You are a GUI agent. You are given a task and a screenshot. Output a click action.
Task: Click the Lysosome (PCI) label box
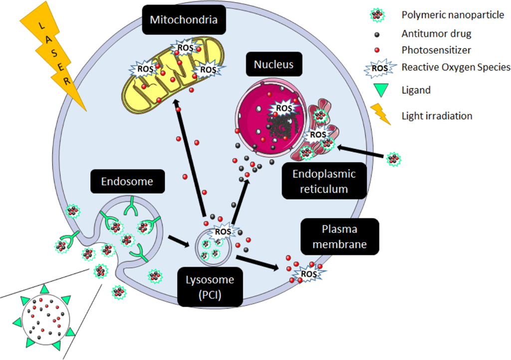210,286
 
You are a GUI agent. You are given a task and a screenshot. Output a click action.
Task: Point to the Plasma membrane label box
340,236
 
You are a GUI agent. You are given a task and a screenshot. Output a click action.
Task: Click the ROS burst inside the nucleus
283,108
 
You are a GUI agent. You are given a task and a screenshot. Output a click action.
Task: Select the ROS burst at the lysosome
223,232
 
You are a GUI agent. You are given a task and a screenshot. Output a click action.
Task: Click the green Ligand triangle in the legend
381,90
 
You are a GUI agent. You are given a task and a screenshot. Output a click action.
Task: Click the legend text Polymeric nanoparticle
453,15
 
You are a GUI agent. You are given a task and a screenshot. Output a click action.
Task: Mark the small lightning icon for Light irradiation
382,114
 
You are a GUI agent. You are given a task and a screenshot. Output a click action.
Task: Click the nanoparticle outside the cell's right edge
394,159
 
